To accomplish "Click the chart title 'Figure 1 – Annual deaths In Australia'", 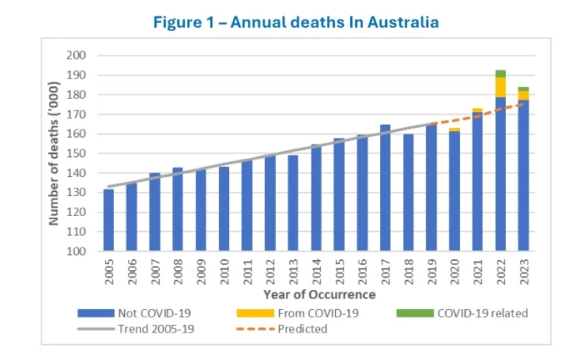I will point(293,22).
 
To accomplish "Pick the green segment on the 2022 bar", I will point(500,74).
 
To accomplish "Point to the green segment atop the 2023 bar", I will point(523,89).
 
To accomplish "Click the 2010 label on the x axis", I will point(224,271).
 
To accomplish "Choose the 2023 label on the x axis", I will point(524,271).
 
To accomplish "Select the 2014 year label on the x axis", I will point(316,271).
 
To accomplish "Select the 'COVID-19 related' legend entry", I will point(473,313).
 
